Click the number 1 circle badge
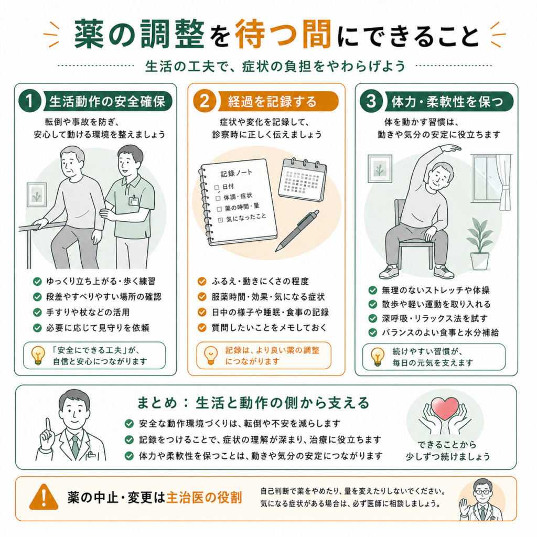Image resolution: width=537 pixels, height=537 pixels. (30, 101)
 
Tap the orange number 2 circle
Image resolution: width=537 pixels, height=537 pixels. (205, 101)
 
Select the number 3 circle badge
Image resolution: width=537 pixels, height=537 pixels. (371, 101)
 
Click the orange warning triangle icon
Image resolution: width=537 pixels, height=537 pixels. (44, 497)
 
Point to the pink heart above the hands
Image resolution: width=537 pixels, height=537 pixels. (445, 408)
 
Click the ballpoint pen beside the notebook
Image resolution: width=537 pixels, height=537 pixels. (297, 231)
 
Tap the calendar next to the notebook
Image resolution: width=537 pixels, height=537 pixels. (303, 180)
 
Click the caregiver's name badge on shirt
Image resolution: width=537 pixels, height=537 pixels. (133, 200)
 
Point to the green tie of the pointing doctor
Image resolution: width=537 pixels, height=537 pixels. (76, 447)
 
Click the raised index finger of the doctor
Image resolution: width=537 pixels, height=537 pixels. (48, 426)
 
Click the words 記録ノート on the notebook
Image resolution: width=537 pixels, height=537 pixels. (237, 173)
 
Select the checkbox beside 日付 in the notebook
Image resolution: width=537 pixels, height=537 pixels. (217, 188)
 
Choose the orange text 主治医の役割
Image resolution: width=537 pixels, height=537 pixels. (204, 497)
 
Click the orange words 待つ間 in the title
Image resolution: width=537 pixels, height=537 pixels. (283, 34)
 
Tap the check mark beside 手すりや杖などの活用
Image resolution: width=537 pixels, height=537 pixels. (37, 313)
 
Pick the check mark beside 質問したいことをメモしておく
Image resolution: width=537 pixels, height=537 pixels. (202, 328)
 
